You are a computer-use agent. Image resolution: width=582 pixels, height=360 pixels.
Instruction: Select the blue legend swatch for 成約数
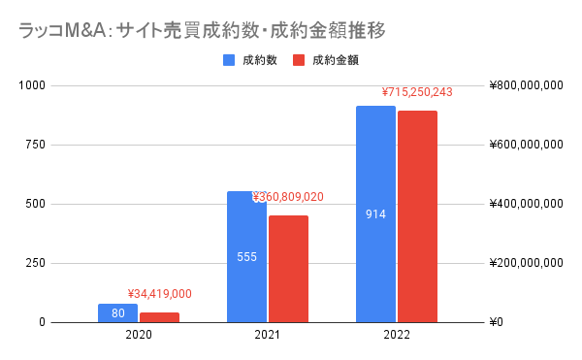click(230, 60)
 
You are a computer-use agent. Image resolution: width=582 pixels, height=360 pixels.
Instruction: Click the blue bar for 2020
click(117, 312)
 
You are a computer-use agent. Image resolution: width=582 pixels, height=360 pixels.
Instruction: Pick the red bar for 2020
click(159, 317)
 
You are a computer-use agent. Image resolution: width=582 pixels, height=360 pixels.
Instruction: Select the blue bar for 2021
click(246, 256)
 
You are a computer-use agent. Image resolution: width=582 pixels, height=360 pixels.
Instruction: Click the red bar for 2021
click(288, 269)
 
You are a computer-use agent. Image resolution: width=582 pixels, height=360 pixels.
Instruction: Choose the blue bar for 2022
click(375, 213)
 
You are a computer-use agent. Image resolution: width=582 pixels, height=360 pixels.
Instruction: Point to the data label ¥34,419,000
click(159, 294)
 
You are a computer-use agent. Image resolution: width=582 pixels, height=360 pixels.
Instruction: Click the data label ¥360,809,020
click(288, 197)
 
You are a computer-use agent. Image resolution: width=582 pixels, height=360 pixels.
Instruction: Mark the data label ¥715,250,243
click(417, 93)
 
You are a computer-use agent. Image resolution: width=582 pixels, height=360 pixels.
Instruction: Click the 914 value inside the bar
click(375, 214)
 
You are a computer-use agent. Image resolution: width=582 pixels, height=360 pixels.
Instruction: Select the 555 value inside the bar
click(246, 258)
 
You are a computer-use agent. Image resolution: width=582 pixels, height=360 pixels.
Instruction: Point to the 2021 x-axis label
click(267, 335)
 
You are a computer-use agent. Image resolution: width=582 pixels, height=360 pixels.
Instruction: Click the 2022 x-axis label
click(396, 335)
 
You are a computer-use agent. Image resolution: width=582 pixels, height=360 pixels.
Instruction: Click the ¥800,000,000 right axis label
click(527, 85)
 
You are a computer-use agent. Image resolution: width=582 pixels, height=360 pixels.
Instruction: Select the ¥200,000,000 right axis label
click(527, 263)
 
